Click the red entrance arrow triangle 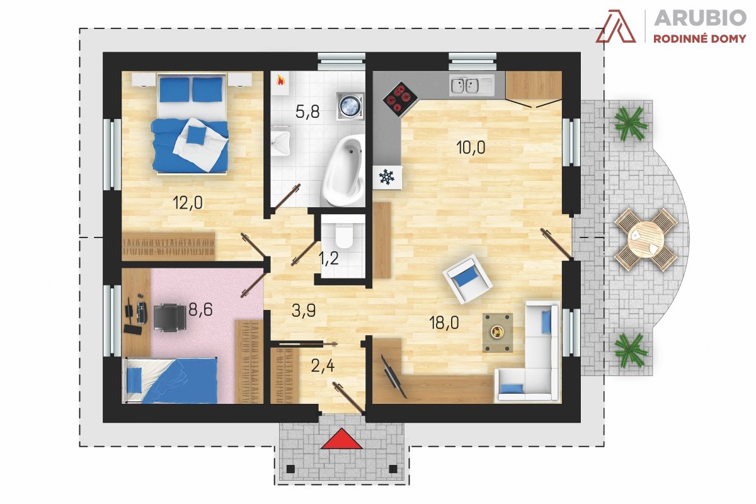click(341, 440)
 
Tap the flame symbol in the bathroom click(280, 81)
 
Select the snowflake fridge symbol click(387, 177)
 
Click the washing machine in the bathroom click(351, 105)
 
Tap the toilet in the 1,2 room click(344, 235)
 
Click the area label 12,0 click(188, 203)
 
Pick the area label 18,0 click(444, 323)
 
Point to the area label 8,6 click(200, 309)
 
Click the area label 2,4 click(323, 366)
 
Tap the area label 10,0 click(471, 147)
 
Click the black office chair click(169, 317)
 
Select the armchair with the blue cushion click(467, 279)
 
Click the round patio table click(646, 239)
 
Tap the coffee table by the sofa click(498, 333)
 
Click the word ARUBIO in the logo click(700, 18)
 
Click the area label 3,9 click(304, 310)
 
